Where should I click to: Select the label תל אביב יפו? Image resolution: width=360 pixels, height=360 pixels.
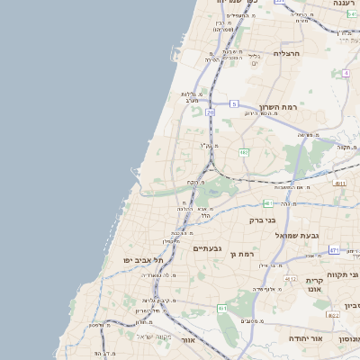click(x=145, y=260)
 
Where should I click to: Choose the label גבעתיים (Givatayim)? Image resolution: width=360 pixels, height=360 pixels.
click(x=208, y=247)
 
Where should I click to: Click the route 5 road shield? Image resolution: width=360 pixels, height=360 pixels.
click(x=233, y=104)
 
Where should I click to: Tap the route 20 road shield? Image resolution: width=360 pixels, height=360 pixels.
click(x=210, y=112)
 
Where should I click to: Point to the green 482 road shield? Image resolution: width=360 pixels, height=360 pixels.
click(x=244, y=152)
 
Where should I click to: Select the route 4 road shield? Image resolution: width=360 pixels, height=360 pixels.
click(x=346, y=73)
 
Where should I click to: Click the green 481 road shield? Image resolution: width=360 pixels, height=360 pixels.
click(x=268, y=203)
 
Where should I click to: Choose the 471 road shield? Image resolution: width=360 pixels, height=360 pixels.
click(x=334, y=250)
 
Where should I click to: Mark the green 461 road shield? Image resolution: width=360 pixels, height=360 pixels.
click(x=222, y=309)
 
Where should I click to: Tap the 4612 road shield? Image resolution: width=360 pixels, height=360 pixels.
click(x=290, y=279)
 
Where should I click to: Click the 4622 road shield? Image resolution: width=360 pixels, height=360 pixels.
click(x=332, y=315)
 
